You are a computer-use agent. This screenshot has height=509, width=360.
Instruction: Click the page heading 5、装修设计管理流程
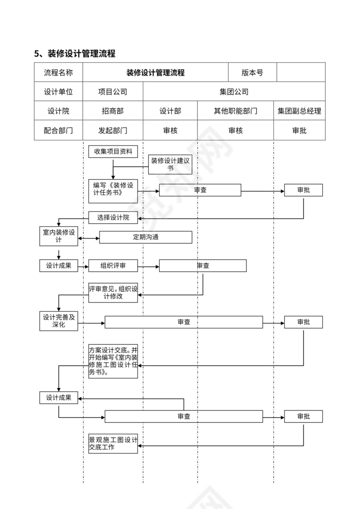[75, 54]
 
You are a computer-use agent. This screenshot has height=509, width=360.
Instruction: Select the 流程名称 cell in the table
[58, 72]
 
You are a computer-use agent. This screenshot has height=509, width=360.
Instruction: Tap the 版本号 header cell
[252, 72]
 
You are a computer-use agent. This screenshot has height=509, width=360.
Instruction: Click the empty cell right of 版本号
[301, 72]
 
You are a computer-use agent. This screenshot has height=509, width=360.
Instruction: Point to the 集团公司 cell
[234, 91]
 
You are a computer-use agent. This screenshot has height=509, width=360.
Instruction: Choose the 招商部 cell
[112, 111]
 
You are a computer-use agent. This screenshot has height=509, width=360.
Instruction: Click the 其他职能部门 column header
[235, 111]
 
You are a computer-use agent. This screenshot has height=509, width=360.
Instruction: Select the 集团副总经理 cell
[299, 111]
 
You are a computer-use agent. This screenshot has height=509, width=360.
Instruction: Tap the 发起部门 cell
[112, 130]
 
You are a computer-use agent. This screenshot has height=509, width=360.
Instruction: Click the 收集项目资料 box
[113, 151]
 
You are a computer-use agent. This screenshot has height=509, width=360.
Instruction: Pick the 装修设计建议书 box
[170, 164]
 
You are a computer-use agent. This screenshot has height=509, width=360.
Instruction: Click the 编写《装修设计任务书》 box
[113, 191]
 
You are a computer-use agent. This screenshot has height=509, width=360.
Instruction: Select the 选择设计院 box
[113, 218]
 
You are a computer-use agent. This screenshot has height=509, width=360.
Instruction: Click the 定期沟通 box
[146, 237]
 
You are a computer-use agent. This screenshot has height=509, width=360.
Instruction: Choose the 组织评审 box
[113, 266]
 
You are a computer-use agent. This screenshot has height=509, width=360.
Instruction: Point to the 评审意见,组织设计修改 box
[113, 293]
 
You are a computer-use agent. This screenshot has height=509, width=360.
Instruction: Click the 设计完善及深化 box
[59, 321]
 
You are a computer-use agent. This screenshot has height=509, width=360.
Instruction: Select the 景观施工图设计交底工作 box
[113, 444]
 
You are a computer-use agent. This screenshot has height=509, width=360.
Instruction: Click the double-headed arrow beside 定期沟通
[89, 238]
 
